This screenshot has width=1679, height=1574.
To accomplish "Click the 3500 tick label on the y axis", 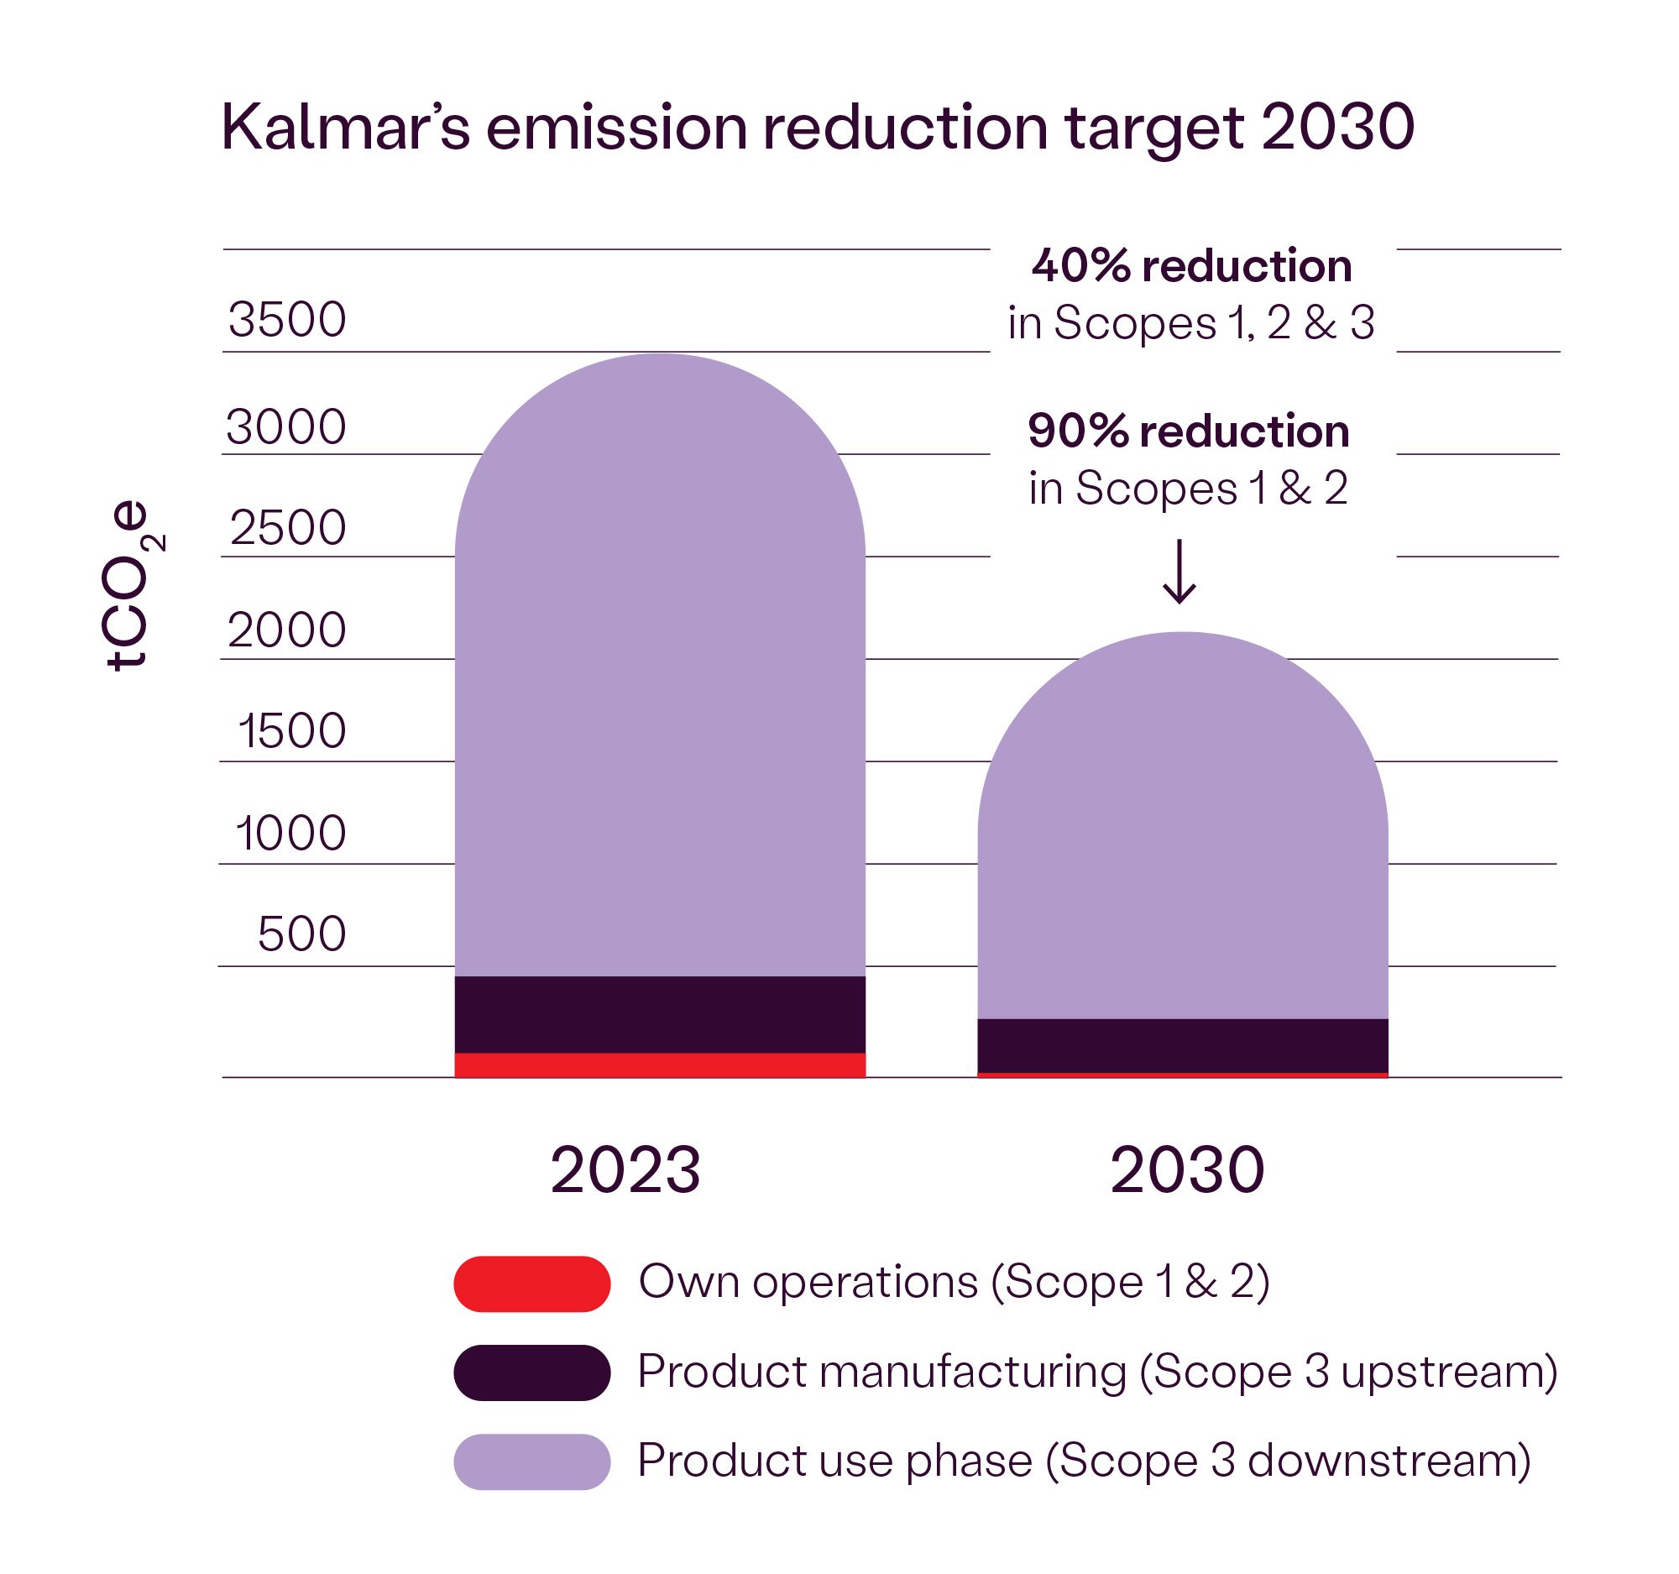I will pos(287,319).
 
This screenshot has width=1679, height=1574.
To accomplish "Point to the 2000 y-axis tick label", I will pos(287,630).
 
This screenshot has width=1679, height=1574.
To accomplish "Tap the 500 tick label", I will pos(301,934).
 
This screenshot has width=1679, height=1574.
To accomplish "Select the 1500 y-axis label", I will pos(292,731).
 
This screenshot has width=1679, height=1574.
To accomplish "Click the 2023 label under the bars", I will pos(625,1170).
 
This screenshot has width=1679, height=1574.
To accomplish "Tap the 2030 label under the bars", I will pos(1186,1170).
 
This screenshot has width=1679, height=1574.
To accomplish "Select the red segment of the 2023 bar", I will pos(660,1064).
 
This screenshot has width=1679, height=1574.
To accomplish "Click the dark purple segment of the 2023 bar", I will pos(660,1014).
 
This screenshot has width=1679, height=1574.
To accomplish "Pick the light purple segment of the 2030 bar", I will pos(1182,845).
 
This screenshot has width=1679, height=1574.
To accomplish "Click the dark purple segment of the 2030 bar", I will pos(1182,1045).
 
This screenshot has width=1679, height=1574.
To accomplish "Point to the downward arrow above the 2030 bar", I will pos(1179,572).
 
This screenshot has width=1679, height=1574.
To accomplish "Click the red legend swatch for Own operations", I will pos(531,1284).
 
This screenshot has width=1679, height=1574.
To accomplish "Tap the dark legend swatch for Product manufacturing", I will pos(531,1373).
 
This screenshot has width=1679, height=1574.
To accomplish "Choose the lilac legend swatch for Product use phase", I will pos(531,1462).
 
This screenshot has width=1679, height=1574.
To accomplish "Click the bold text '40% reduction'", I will pos(1192,266).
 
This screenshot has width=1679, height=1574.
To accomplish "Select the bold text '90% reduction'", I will pos(1188,431).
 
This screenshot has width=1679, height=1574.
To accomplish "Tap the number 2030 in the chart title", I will pos(1338,128).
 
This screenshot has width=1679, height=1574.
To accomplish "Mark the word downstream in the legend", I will pos(1389,1462).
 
